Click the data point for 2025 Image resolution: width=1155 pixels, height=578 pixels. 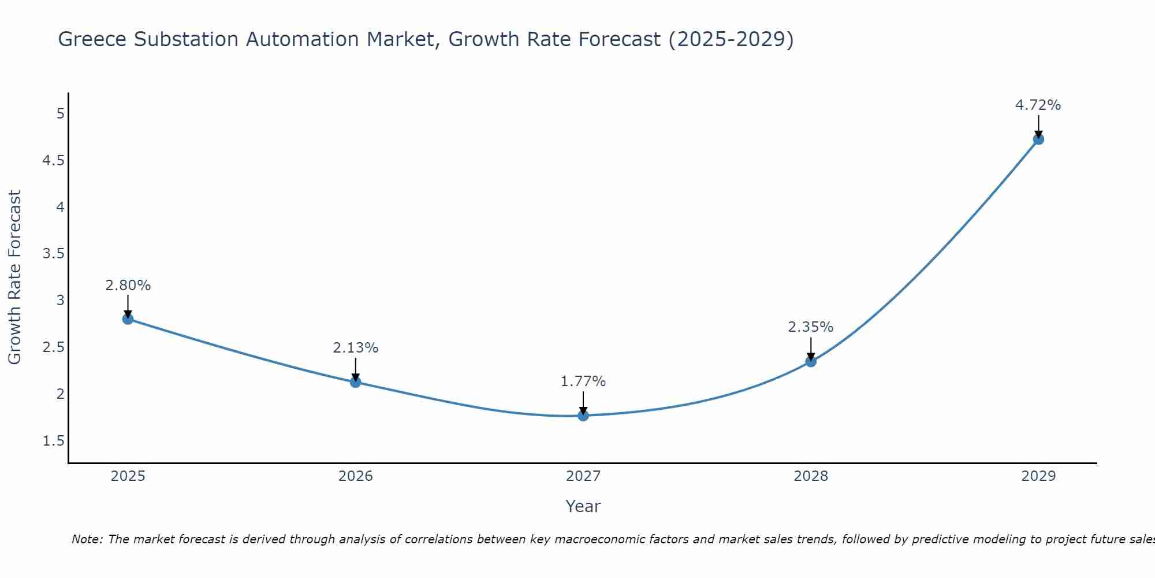[x=128, y=319]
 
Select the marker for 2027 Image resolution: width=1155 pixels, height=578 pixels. [x=583, y=416]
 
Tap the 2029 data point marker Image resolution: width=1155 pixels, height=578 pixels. [x=1038, y=139]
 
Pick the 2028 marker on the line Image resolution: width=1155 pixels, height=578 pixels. [x=811, y=362]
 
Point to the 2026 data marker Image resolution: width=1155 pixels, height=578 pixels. [x=356, y=382]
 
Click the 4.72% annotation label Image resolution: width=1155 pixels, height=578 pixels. [x=1038, y=105]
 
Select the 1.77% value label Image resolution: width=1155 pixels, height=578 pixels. [x=583, y=381]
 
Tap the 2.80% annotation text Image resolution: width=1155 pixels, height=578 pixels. [x=128, y=286]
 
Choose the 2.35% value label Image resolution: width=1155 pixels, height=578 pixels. [x=811, y=327]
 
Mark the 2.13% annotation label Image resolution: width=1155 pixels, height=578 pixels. [x=356, y=348]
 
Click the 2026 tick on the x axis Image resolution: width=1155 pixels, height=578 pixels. [x=356, y=476]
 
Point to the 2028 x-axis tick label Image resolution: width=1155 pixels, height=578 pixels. [x=811, y=476]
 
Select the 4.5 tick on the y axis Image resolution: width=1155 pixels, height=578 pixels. [x=53, y=160]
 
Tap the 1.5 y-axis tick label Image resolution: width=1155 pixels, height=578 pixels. [x=53, y=441]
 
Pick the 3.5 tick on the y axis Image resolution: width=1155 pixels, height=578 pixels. [x=53, y=254]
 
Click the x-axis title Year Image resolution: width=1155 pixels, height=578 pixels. [x=583, y=506]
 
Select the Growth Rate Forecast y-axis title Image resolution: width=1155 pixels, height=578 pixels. [x=14, y=277]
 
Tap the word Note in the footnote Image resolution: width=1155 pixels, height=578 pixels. [x=87, y=539]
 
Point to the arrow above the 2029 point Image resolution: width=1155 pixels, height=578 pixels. [x=1038, y=125]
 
